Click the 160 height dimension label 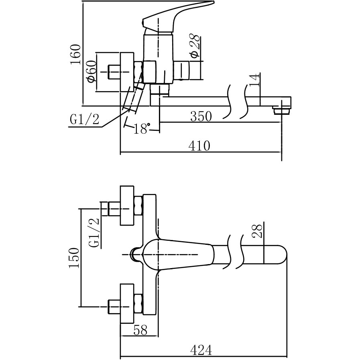75,54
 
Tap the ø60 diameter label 91,71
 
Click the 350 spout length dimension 201,117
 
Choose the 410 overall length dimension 199,146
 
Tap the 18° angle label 141,129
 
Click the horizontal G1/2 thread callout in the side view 84,119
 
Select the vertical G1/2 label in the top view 94,233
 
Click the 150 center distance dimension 75,258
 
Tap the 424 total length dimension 201,350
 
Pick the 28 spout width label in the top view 258,232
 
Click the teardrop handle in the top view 177,254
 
